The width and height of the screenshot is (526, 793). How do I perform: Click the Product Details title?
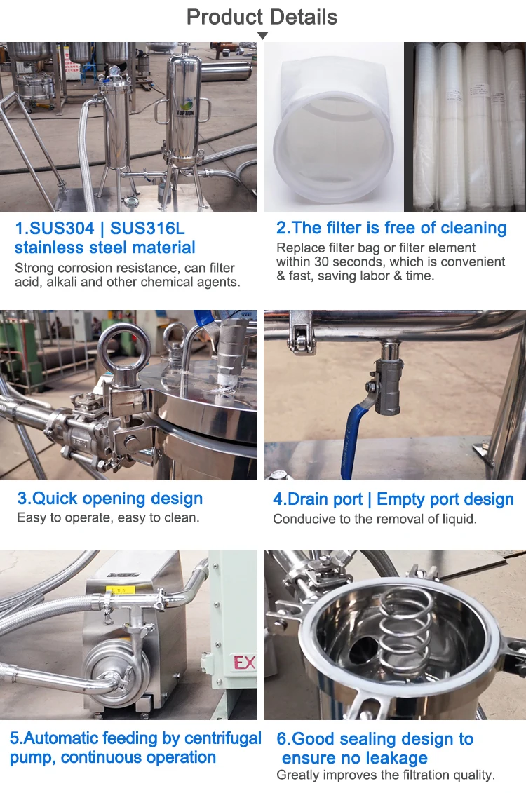pos(262,18)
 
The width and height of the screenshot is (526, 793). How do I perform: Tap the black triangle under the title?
pos(262,35)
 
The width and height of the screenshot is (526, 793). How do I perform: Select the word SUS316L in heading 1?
pos(147,229)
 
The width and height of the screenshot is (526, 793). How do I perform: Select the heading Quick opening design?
pos(109,499)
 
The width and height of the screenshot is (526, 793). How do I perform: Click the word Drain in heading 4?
pos(305,499)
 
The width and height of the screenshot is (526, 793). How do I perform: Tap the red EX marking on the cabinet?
pos(244,663)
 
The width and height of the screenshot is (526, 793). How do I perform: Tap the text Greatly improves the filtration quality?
pos(386,775)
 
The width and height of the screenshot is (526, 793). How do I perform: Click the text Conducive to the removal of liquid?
pos(375,520)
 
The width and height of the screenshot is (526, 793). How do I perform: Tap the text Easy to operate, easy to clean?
pos(108,518)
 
